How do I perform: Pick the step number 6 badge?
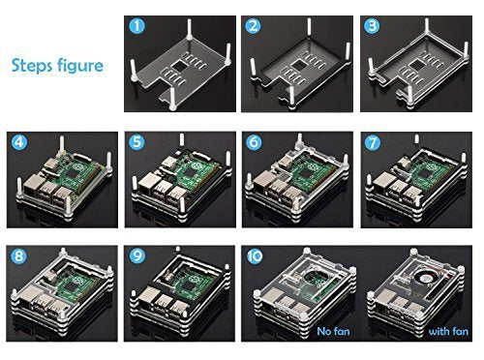[255, 142]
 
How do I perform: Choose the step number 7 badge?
[372, 142]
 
